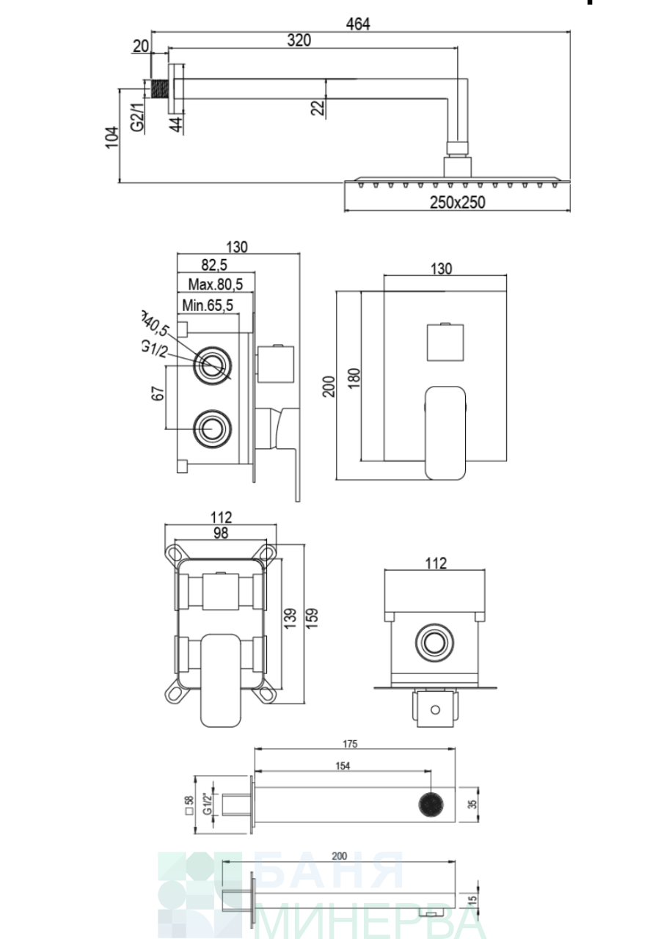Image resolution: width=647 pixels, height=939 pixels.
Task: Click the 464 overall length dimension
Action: (359, 23)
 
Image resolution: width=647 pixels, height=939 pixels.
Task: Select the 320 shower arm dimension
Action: (299, 40)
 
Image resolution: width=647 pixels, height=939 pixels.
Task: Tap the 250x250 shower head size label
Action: (458, 202)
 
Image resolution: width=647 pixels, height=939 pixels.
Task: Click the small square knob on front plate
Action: (445, 343)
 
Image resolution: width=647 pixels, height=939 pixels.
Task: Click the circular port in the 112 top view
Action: (434, 643)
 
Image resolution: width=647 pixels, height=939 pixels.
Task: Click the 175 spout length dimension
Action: (350, 744)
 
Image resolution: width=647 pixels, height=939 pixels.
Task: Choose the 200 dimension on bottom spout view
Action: (339, 855)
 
